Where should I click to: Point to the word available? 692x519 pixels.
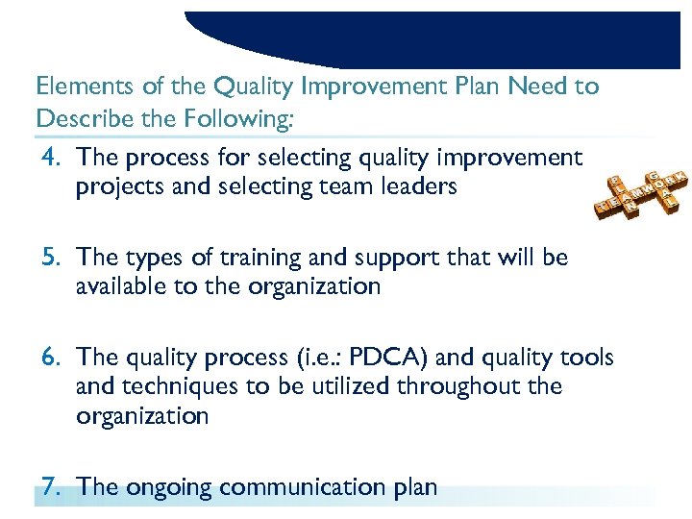point(120,286)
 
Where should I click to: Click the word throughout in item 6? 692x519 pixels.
point(467,386)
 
